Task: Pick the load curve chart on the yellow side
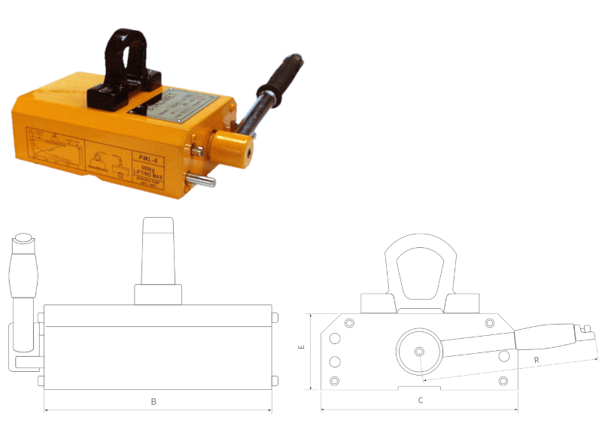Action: [57, 150]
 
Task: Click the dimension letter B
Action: [154, 402]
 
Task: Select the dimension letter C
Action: [421, 401]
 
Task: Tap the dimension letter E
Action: [301, 348]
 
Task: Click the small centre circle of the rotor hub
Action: [418, 352]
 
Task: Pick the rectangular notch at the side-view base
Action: [420, 388]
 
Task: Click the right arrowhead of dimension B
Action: [268, 410]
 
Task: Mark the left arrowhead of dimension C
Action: [324, 410]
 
